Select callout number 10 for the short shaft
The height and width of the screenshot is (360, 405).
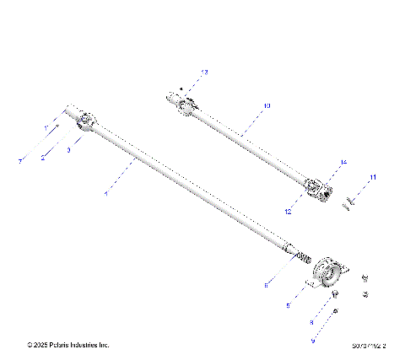coord(266,106)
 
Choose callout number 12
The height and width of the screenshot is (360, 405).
coord(288,212)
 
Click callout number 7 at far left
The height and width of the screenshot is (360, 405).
coord(19,159)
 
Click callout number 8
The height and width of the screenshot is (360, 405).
coord(311,322)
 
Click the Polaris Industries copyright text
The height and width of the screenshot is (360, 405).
coord(68,345)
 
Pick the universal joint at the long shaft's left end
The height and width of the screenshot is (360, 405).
coord(85,121)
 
